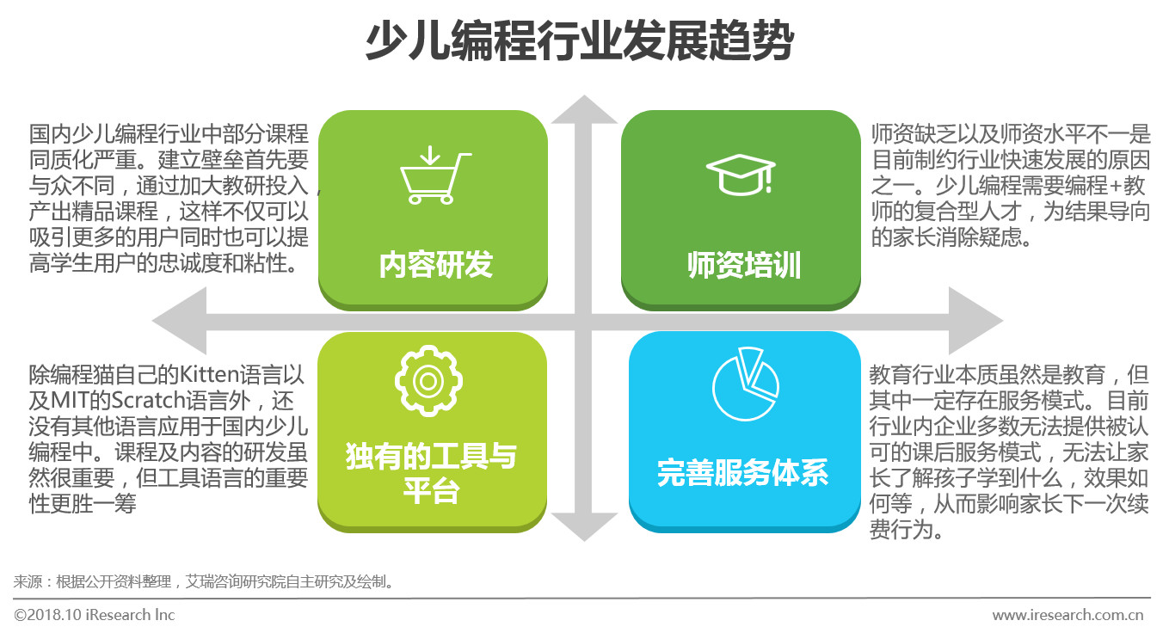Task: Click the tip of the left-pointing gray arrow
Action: (x=152, y=321)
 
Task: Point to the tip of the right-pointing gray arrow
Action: (x=1003, y=321)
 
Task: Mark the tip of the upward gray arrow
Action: (x=584, y=95)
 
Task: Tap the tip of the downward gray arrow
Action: (x=584, y=541)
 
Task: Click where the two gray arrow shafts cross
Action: (x=583, y=322)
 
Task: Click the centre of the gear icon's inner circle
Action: (x=428, y=382)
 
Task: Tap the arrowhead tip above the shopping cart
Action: (x=429, y=164)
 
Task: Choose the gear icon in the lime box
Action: (x=428, y=382)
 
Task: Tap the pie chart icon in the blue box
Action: (x=745, y=384)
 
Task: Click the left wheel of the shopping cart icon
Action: (x=415, y=199)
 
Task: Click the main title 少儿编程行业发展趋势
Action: (x=580, y=40)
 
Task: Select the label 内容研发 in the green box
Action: (x=435, y=265)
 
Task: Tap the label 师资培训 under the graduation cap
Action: (x=744, y=266)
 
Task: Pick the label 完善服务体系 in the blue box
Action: (x=742, y=473)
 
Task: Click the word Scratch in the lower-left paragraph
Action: (x=148, y=401)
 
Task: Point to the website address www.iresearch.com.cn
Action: (x=1067, y=615)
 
